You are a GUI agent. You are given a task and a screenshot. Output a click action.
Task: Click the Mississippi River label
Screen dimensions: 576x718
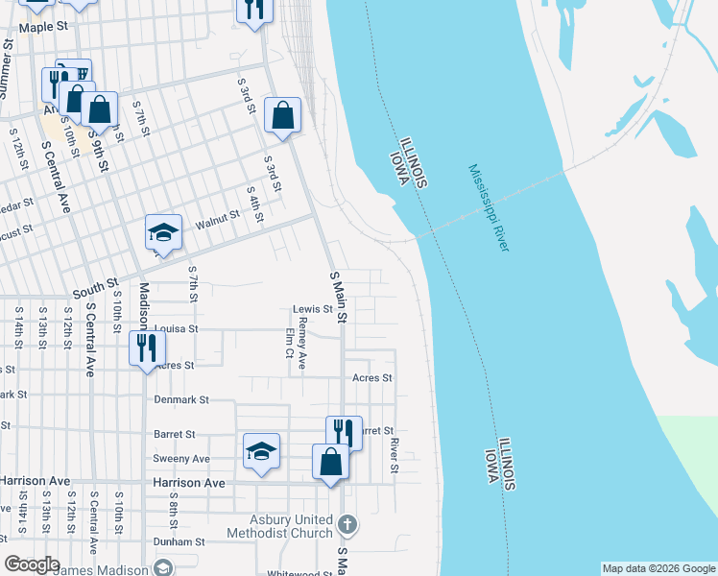click(489, 208)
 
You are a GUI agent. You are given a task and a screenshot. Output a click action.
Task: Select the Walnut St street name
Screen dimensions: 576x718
click(216, 222)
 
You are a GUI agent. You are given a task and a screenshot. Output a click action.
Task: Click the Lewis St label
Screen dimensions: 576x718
click(312, 309)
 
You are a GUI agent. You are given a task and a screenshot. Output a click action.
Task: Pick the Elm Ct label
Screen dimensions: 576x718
click(289, 343)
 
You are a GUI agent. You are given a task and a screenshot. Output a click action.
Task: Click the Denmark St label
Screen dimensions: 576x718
click(181, 399)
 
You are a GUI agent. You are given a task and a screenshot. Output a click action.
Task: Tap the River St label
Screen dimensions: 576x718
click(395, 455)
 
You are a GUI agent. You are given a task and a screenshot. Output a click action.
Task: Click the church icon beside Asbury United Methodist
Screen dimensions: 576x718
click(348, 525)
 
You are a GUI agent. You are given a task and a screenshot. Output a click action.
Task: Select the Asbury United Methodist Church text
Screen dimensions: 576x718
click(285, 526)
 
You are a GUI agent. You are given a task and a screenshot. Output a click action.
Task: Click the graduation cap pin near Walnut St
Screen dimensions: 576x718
click(164, 233)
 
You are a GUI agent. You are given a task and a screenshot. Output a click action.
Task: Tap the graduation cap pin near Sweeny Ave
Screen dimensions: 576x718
click(261, 452)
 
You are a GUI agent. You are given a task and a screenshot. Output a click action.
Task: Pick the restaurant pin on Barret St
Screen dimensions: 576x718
click(344, 433)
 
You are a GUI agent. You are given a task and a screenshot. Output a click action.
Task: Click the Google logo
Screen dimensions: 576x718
click(32, 564)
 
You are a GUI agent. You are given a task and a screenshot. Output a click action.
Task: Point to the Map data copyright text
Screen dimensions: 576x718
click(658, 568)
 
